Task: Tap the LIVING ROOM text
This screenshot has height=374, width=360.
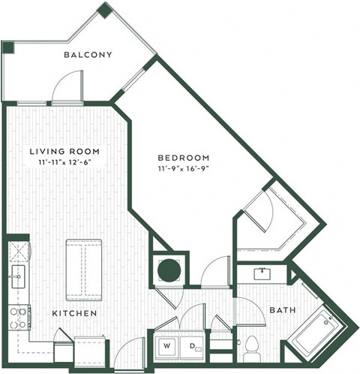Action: pos(64,151)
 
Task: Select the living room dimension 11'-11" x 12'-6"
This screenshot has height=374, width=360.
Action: pos(64,162)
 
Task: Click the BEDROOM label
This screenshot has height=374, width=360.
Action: pos(183,158)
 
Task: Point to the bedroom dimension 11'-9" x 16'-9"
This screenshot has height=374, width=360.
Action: pos(183,169)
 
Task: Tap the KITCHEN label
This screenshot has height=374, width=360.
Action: pos(73,312)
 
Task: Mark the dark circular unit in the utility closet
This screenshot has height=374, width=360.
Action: pos(168,270)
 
